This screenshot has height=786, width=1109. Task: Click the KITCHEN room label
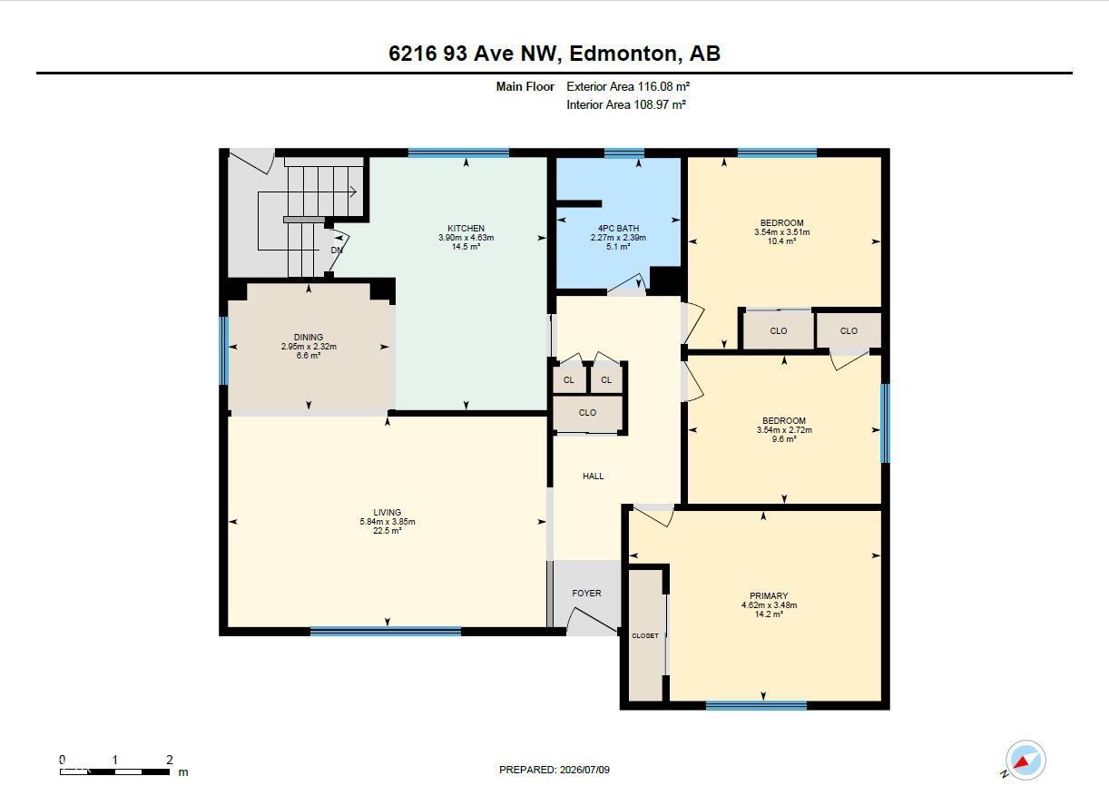466,229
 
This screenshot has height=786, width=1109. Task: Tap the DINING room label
309,338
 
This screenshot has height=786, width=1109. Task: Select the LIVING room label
388,512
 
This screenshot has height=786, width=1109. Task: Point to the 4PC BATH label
618,229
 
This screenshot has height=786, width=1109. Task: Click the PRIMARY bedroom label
769,595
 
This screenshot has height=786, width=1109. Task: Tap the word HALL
594,476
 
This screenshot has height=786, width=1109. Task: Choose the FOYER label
586,593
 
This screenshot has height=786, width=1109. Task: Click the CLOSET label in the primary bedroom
645,635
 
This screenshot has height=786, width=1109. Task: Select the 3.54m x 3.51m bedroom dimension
782,232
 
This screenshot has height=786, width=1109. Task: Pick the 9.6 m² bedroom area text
784,439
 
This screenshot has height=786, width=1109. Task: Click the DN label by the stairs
337,251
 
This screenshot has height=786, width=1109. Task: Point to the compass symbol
1026,761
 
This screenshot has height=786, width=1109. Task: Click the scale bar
115,771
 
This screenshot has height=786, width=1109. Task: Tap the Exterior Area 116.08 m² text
628,86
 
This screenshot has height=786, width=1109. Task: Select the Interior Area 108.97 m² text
626,104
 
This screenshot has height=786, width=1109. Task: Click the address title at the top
554,54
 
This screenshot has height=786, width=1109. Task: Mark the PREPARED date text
554,770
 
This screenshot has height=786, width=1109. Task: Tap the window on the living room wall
386,631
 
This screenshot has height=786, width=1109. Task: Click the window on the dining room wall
224,350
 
